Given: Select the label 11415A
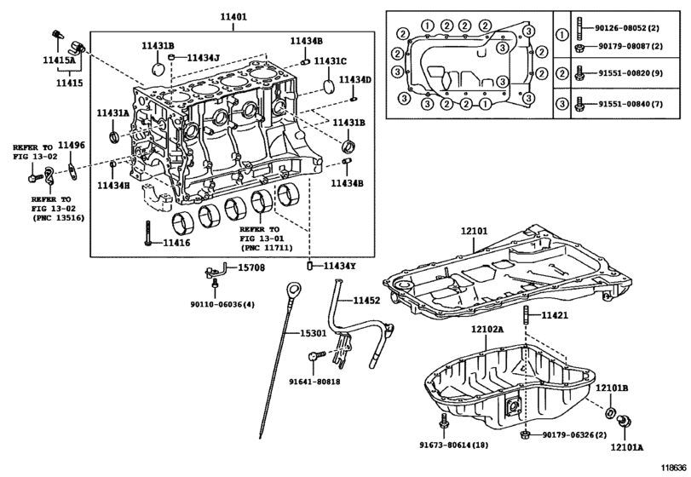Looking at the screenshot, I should (60, 60).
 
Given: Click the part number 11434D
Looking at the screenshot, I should (355, 79).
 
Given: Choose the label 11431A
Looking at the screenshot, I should (112, 113).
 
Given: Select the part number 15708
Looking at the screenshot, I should (252, 267).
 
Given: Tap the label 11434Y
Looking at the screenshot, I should (339, 267).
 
